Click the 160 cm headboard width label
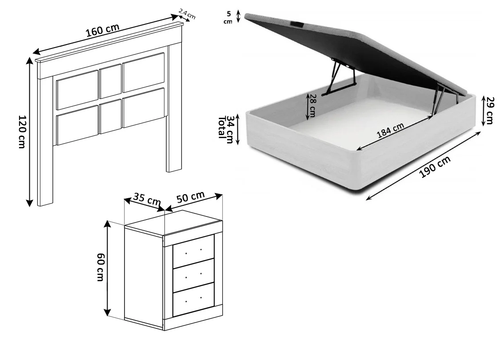[x=103, y=30]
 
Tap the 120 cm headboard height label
[x=21, y=132]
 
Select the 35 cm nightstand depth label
[x=147, y=199]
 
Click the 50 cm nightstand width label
[x=191, y=197]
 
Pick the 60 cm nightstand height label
[x=100, y=267]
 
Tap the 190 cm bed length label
[x=435, y=167]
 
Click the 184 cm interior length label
[x=390, y=131]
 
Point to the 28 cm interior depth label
[x=312, y=105]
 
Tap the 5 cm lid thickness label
[x=228, y=17]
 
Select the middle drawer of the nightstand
[x=194, y=272]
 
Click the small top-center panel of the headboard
[x=111, y=81]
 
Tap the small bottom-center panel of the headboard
[x=111, y=116]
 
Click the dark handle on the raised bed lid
[x=298, y=24]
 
